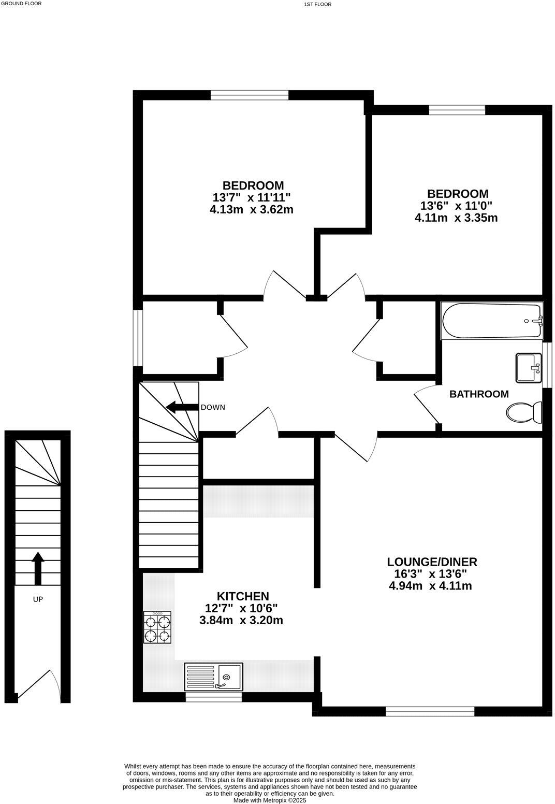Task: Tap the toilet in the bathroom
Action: pos(524,413)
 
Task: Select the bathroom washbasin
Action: pos(528,368)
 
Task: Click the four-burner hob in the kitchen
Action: pos(157,628)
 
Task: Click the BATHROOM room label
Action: pos(479,394)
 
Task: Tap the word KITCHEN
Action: pos(243,596)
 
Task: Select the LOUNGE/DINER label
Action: pos(432,562)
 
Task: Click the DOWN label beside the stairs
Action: pos(213,407)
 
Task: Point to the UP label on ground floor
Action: pos(38,599)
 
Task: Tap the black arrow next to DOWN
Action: pos(181,407)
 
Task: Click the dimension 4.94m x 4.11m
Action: pos(430,586)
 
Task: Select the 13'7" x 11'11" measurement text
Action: pos(253,197)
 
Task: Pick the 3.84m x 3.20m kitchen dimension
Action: pos(241,620)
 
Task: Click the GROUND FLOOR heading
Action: pos(21,3)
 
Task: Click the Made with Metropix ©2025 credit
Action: pos(270,800)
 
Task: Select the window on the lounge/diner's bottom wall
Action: pos(430,712)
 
